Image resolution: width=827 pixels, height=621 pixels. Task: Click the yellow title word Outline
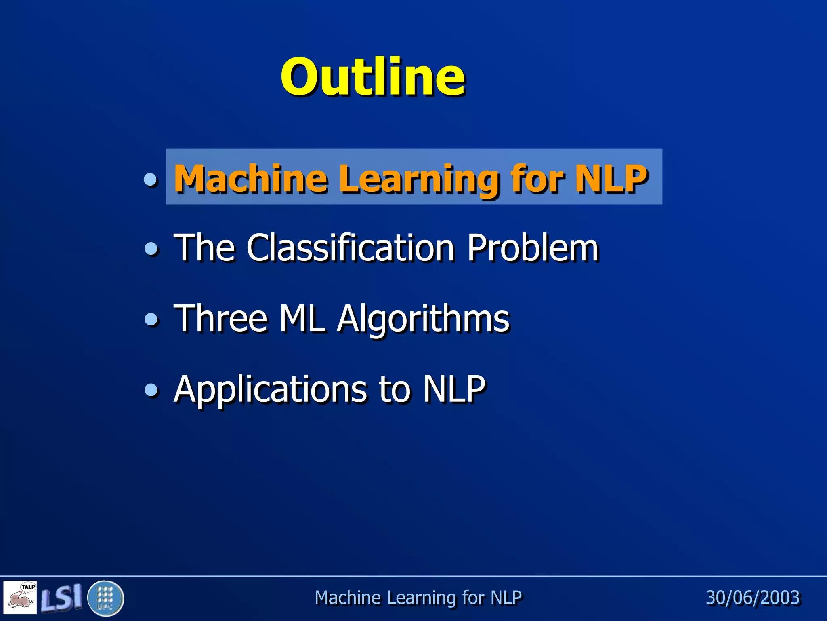(x=373, y=77)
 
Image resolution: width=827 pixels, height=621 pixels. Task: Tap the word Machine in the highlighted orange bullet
(x=250, y=179)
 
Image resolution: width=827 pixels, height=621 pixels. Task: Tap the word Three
(x=220, y=318)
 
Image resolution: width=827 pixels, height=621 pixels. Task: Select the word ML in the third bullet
(x=302, y=318)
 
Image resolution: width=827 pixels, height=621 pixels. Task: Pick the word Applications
(x=270, y=389)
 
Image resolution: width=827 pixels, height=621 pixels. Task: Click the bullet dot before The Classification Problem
(x=151, y=249)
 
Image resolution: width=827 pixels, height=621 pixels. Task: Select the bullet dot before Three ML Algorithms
(x=151, y=319)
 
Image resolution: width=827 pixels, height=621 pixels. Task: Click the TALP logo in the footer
(x=20, y=597)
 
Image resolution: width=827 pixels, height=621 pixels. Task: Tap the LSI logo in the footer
(x=62, y=597)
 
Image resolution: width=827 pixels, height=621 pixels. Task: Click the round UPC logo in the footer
(x=105, y=598)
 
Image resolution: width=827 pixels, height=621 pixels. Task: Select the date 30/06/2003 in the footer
(x=753, y=598)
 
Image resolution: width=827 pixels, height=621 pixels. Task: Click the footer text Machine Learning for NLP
(x=418, y=598)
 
